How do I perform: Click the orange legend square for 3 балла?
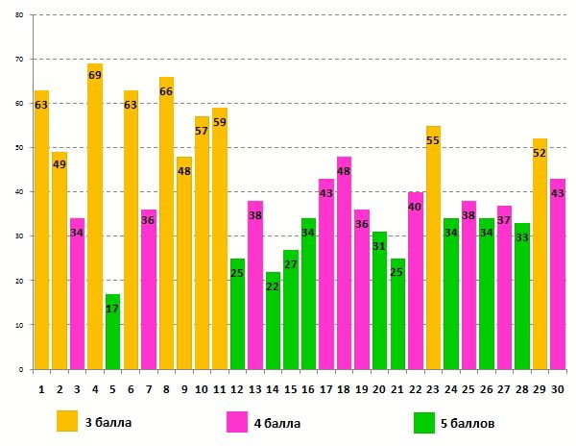point(67,422)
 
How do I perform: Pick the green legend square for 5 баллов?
point(424,422)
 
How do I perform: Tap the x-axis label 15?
point(290,389)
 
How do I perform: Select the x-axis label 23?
point(433,389)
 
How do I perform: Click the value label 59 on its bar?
point(220,122)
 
